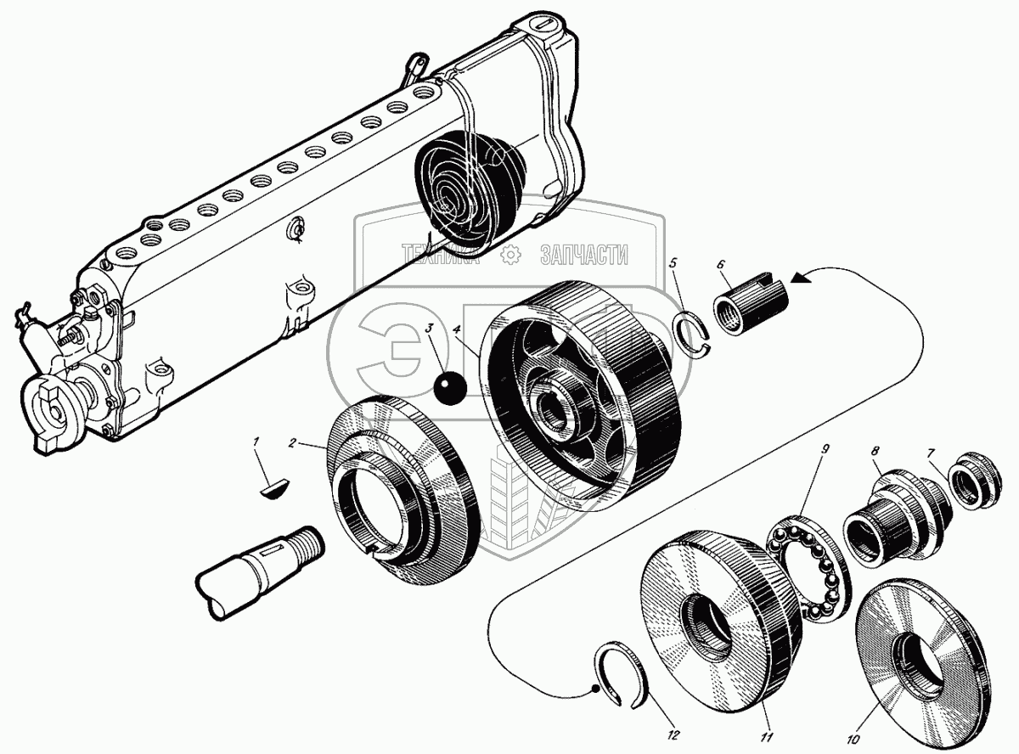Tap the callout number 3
[x=431, y=328]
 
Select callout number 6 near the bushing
[x=720, y=265]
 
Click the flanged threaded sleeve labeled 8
[x=892, y=518]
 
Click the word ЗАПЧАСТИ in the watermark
[x=584, y=254]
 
